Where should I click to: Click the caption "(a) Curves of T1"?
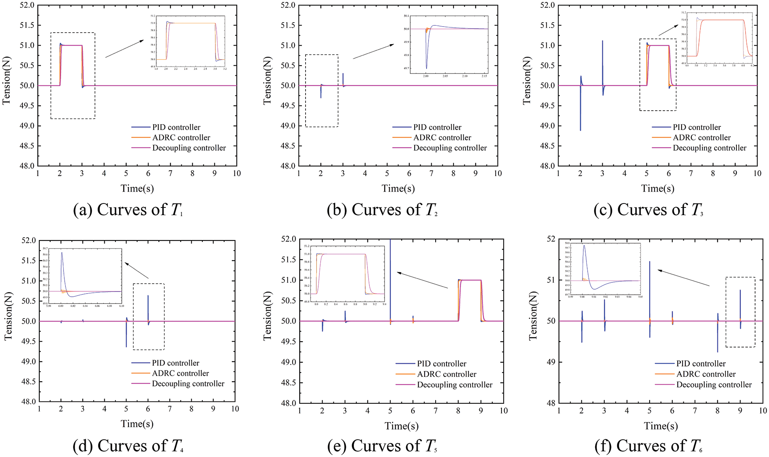click(128, 210)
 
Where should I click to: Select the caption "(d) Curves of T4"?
click(128, 446)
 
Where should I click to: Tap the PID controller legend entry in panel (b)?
click(437, 127)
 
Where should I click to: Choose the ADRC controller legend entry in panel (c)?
click(701, 138)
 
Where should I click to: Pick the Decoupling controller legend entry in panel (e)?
click(454, 385)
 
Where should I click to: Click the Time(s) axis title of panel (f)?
click(661, 426)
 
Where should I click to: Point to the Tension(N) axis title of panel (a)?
click(6, 81)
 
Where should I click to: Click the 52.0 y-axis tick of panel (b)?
click(288, 5)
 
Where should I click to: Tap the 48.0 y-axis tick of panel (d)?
click(29, 401)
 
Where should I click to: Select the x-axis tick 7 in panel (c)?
click(691, 173)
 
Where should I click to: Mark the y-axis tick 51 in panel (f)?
click(552, 280)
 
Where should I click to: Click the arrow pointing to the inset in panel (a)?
click(124, 49)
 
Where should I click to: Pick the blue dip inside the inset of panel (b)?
click(427, 67)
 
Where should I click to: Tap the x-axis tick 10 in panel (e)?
click(504, 411)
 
